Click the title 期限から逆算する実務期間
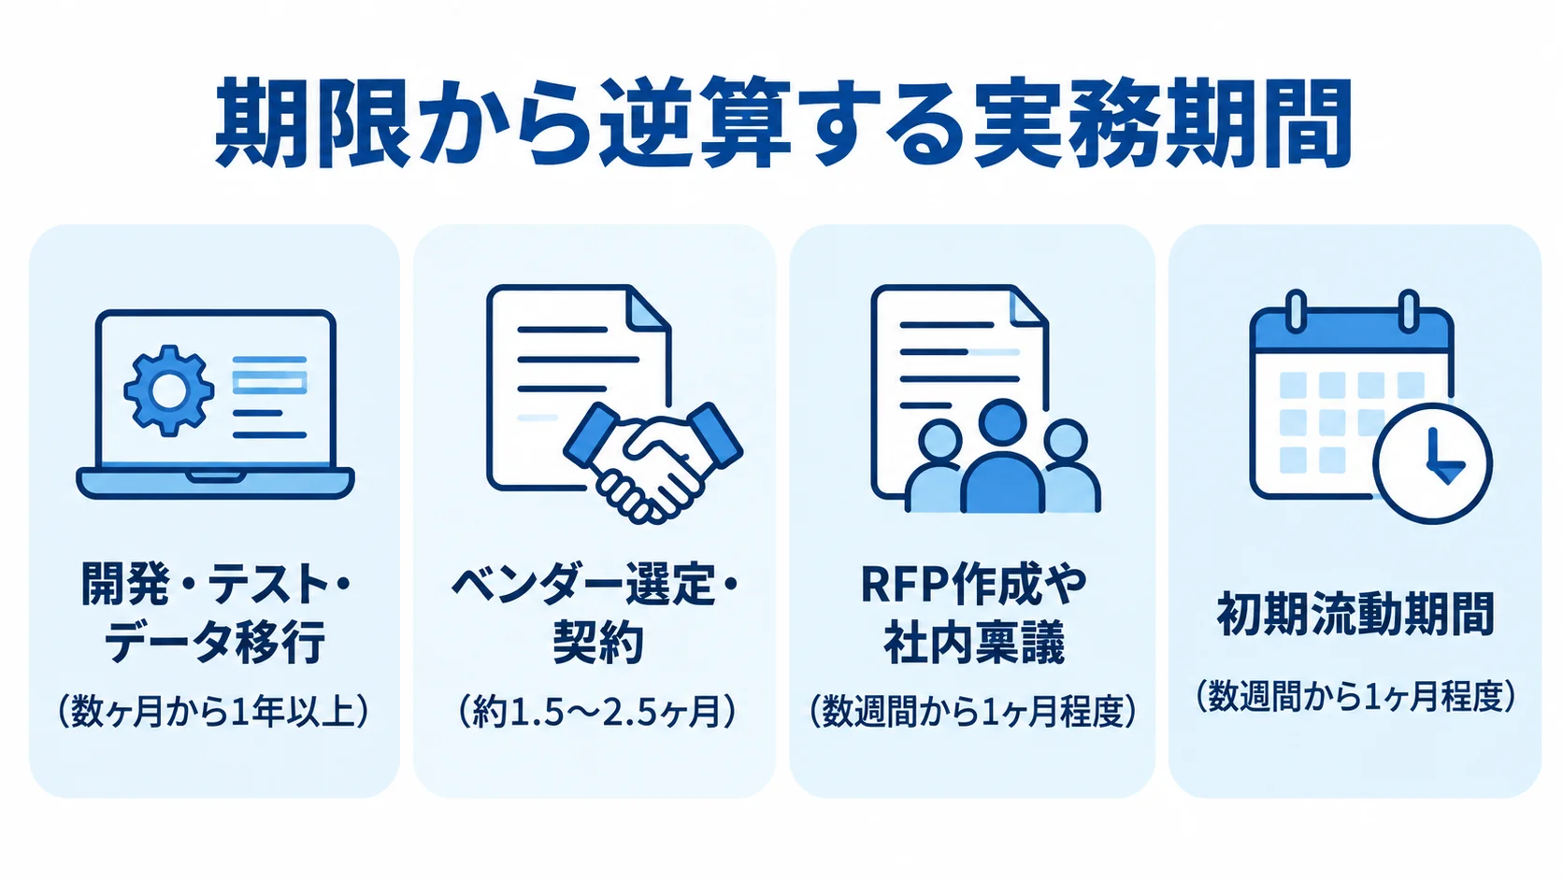coord(782,124)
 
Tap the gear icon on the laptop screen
coord(169,390)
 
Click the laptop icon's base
coord(215,483)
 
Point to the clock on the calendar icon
coord(1432,463)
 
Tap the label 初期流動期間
coord(1355,614)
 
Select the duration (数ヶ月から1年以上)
coord(213,712)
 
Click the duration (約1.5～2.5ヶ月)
coord(597,712)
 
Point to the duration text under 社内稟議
coord(973,712)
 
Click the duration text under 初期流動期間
coord(1355,696)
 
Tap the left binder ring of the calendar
coord(1295,310)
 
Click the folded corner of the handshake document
coord(649,305)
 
